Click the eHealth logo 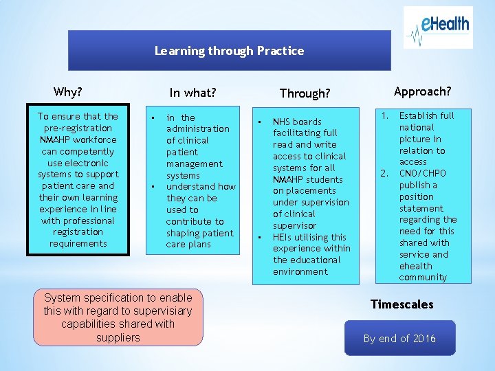coord(438,27)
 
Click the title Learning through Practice coord(229,51)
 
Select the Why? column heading coord(68,91)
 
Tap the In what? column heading coord(192,92)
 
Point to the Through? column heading coord(305,93)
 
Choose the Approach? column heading coord(422,91)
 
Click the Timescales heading coord(401,304)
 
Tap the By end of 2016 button coord(399,338)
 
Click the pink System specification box coord(118,317)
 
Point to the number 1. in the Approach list coord(386,115)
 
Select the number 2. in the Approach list coord(386,173)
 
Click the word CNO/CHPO coord(422,173)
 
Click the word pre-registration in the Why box coord(78,128)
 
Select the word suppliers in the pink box coord(118,337)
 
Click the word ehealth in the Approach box coord(415,266)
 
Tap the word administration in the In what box coord(198,128)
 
